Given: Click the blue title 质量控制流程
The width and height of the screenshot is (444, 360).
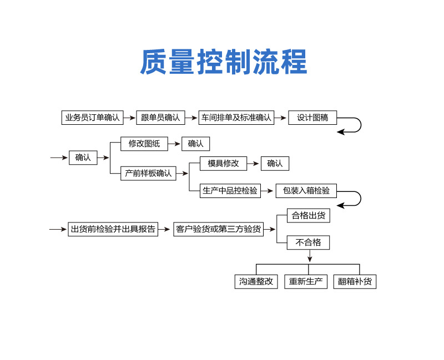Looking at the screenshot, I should click(223, 62).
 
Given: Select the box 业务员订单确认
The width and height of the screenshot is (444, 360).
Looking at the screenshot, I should click(92, 118).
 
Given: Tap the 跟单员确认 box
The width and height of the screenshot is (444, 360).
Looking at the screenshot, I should click(160, 118).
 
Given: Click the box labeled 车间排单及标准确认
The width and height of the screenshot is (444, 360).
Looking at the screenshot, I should click(236, 118).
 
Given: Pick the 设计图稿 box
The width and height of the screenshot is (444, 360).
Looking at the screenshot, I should click(312, 118).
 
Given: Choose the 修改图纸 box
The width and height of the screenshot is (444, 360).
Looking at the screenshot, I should click(144, 144).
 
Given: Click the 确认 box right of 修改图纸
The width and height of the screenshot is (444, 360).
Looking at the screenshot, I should click(195, 144).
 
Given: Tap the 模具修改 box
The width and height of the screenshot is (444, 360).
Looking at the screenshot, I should click(224, 164).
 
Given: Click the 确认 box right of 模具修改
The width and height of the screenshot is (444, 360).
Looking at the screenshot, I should click(275, 164).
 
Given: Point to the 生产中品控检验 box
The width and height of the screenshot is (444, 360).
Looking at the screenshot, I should click(230, 191).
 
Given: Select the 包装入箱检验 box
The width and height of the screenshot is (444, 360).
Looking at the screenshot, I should click(306, 191).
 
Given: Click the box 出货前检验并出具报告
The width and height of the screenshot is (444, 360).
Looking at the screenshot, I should click(113, 229).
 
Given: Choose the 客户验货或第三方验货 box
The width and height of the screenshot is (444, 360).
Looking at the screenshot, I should click(218, 229).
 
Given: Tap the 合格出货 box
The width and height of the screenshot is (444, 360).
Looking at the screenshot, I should click(309, 216).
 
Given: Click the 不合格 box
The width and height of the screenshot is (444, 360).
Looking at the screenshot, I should click(308, 242).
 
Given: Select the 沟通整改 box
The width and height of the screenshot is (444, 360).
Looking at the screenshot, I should click(256, 281).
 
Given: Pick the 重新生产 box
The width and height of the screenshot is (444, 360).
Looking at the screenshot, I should click(306, 281).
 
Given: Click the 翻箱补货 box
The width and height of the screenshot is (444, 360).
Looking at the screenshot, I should click(356, 281).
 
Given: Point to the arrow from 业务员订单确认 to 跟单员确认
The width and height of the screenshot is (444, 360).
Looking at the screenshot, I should click(129, 118).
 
